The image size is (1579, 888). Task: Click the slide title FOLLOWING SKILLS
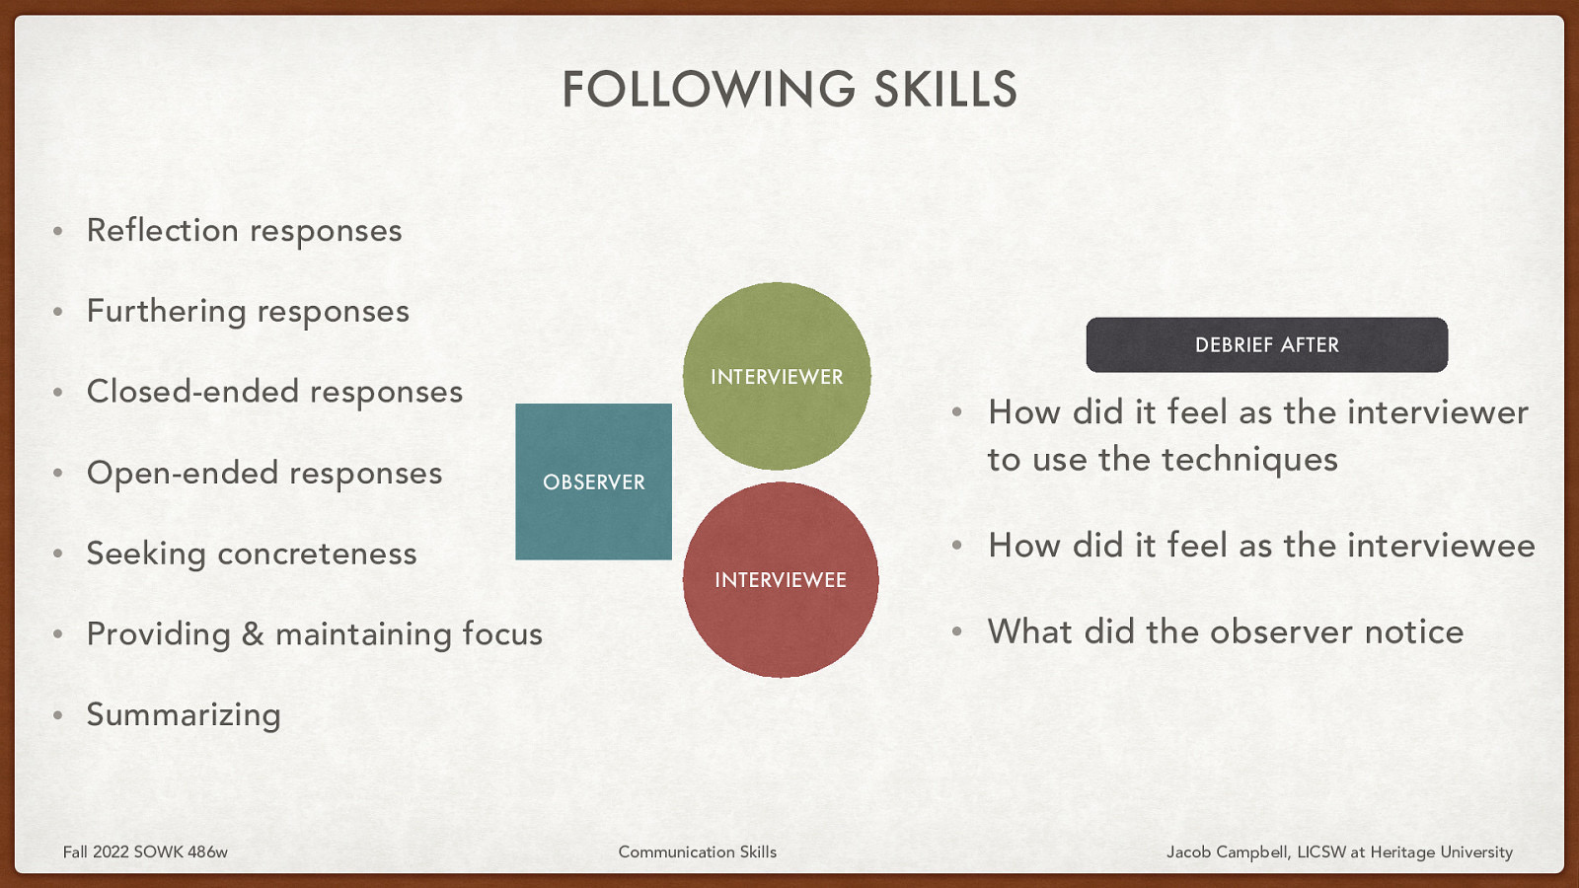click(x=789, y=89)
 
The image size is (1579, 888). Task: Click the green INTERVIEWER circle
click(x=777, y=376)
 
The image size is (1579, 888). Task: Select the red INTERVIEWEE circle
click(x=781, y=579)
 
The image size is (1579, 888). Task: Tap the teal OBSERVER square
click(x=593, y=481)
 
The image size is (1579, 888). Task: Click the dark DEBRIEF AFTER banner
click(x=1266, y=344)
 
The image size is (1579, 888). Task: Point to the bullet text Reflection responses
click(x=244, y=231)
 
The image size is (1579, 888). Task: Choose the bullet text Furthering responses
click(x=248, y=312)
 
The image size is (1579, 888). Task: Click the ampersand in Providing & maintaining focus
click(x=253, y=633)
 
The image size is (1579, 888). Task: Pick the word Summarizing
click(x=184, y=714)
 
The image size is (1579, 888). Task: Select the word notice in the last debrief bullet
click(x=1413, y=631)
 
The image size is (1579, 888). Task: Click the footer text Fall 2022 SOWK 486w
click(x=145, y=851)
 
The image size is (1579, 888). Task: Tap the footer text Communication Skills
click(x=697, y=851)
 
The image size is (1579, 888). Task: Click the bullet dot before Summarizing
click(x=58, y=714)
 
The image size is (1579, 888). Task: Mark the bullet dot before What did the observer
click(x=956, y=631)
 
